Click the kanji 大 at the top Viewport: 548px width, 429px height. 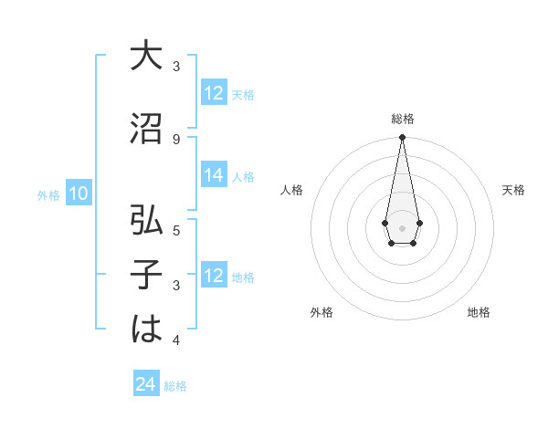point(145,57)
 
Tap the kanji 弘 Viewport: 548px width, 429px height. point(145,220)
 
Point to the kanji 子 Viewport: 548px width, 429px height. point(145,275)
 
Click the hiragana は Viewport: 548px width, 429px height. point(145,330)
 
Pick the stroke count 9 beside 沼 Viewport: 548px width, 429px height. point(176,139)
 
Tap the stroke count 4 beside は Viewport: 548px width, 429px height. point(176,340)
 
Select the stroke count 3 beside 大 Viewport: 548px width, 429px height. point(176,67)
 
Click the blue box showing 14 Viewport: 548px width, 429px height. point(214,176)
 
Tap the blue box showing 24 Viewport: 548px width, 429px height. point(146,385)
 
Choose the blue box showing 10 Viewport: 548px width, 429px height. point(79,194)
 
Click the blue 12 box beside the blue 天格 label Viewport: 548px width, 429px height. point(214,93)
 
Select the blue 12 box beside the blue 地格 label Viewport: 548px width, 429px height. point(214,276)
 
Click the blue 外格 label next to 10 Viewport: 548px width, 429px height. point(48,194)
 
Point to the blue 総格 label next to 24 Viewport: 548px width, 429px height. point(175,386)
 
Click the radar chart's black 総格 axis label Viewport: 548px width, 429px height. point(402,119)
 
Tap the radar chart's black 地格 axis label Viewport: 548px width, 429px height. point(479,312)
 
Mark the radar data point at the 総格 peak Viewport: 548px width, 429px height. point(402,137)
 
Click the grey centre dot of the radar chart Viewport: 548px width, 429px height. point(402,226)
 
